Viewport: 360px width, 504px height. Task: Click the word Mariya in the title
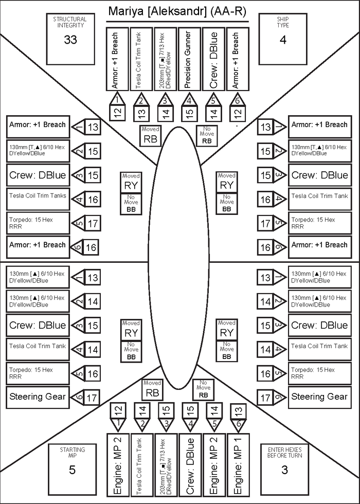[126, 11]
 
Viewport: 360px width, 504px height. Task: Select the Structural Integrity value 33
[70, 40]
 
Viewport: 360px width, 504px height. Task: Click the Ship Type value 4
[283, 40]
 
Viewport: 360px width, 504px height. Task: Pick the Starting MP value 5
[72, 470]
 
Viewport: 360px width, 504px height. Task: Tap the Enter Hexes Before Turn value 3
[284, 470]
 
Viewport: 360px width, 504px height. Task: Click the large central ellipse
[179, 257]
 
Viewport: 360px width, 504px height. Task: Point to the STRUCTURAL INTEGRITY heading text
[70, 22]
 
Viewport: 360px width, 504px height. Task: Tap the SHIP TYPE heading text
[283, 22]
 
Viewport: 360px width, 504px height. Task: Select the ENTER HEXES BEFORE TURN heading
[284, 453]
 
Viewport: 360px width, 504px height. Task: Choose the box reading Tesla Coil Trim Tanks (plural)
[38, 199]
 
